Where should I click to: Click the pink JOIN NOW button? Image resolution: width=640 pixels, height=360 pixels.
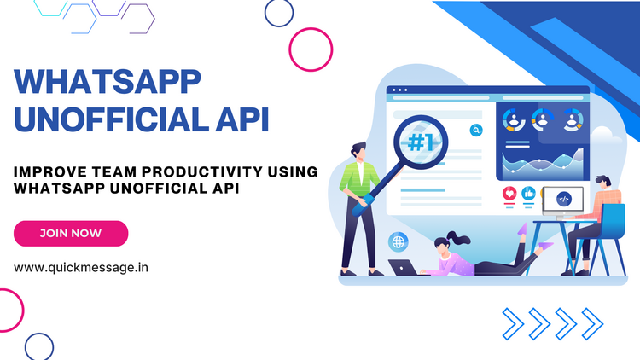coord(71,234)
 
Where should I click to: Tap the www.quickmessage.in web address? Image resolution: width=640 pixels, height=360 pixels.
coord(81,268)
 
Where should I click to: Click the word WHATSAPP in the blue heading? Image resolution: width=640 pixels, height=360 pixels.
coord(108,82)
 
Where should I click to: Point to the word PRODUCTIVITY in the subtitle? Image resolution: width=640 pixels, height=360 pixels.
coord(202,171)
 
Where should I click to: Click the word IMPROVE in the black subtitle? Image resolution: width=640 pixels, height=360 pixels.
coord(50,171)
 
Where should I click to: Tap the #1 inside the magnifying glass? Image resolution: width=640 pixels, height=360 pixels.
coord(421,142)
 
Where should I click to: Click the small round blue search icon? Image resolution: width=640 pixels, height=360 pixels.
coord(476,131)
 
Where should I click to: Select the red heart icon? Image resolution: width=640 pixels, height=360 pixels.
coord(509,194)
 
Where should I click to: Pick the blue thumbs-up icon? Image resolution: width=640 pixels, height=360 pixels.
coord(528,194)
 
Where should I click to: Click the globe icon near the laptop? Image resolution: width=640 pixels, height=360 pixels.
coord(398,242)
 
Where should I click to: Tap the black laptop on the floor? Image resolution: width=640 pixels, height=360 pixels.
coord(404,267)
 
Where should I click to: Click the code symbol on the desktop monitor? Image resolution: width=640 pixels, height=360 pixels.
coord(564,199)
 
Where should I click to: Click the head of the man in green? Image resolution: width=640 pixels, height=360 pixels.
coord(359,152)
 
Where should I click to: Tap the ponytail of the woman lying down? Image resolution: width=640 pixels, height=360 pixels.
coord(458,238)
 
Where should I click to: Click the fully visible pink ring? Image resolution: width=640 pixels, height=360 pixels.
coord(311,49)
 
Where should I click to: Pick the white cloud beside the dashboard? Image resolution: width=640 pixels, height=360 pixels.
coord(602,135)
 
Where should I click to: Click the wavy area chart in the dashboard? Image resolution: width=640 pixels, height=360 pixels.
coord(543,163)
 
